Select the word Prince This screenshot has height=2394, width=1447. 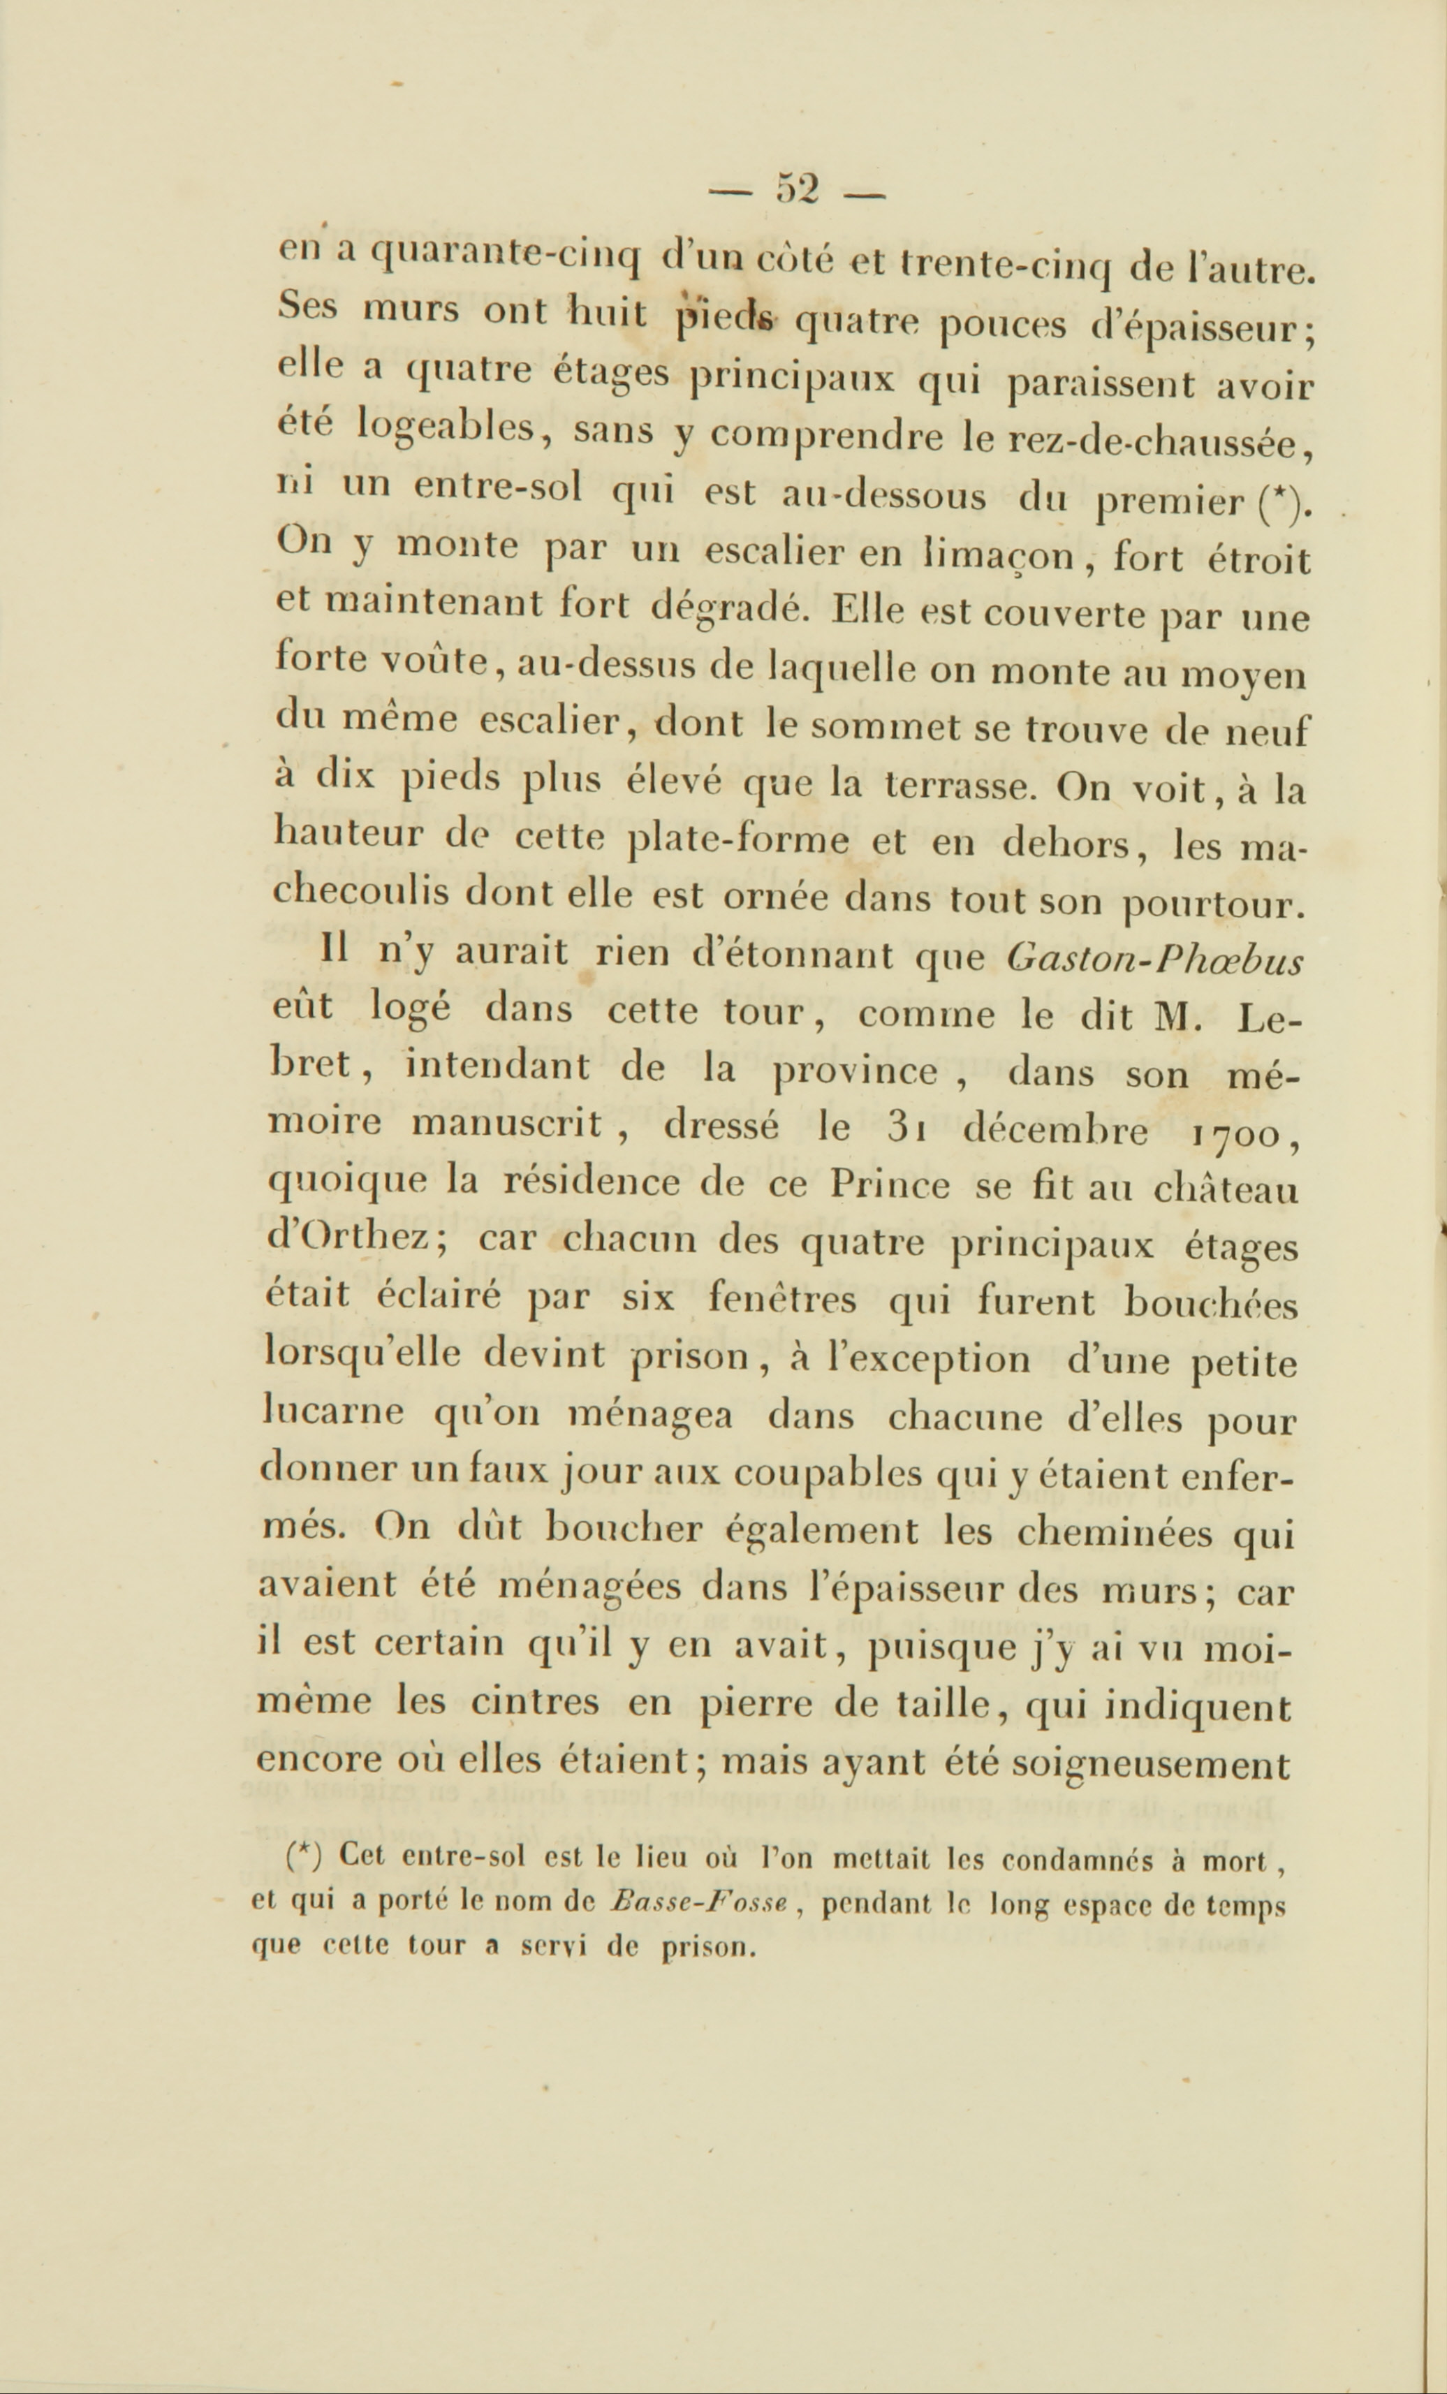point(890,1185)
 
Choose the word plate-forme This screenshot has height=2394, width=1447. point(740,839)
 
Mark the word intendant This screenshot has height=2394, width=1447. point(497,1068)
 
